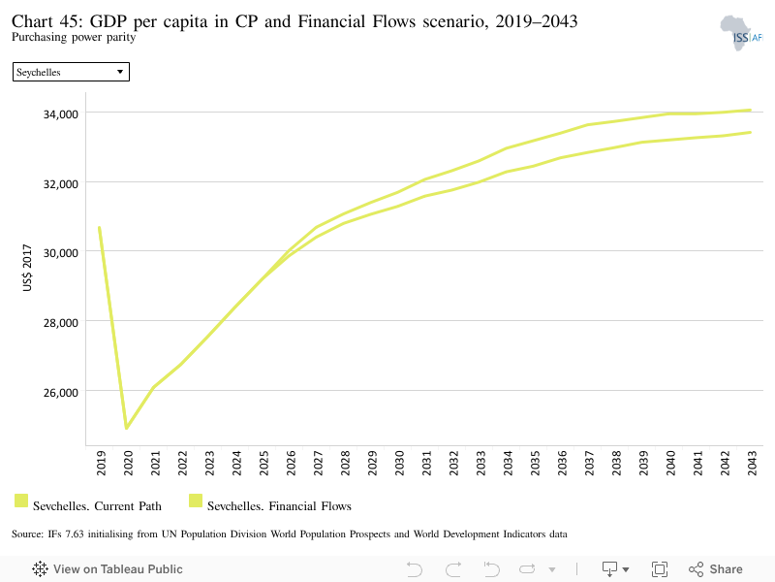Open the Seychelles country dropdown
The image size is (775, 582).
[71, 72]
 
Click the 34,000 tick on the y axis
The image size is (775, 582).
[61, 114]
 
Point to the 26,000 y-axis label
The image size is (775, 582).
[61, 393]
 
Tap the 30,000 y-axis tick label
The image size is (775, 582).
[61, 253]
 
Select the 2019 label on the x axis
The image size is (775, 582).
[101, 463]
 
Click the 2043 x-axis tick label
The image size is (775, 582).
[752, 463]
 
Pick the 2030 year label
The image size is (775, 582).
[399, 463]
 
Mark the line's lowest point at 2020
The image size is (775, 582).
[127, 428]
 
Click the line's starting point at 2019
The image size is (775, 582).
[100, 228]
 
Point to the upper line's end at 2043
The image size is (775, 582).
[750, 111]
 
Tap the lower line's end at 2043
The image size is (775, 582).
[750, 132]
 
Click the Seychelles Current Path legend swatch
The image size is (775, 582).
[21, 501]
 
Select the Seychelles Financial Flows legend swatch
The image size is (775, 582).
[196, 501]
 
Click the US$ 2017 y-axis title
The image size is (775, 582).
[27, 268]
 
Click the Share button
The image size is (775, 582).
[716, 569]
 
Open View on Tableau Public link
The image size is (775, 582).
[108, 569]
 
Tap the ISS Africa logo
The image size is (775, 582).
[741, 33]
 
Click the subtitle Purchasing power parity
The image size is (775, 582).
[74, 37]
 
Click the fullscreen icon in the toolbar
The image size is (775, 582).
[660, 569]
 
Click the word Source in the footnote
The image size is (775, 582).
[27, 534]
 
